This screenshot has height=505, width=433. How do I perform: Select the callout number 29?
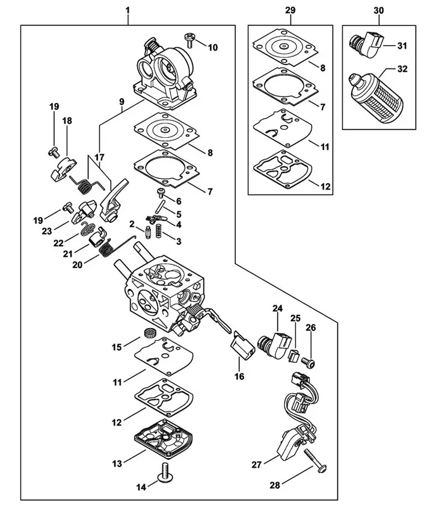(290, 11)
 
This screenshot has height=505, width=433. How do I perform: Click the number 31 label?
(402, 46)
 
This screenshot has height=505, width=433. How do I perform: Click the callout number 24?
(277, 308)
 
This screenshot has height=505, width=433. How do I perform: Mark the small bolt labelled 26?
(309, 362)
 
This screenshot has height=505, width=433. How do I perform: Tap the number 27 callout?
(256, 463)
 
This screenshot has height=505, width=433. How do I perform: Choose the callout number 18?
(66, 121)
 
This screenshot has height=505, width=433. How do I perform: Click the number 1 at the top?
(127, 11)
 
